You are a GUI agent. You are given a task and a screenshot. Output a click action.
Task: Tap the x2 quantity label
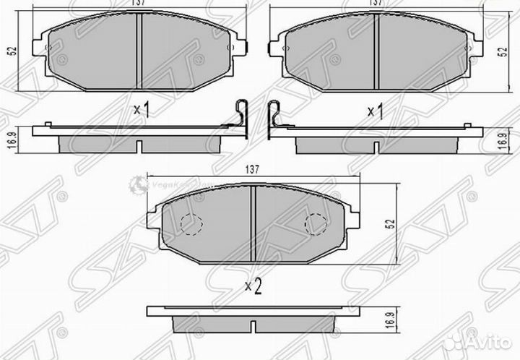point(252,286)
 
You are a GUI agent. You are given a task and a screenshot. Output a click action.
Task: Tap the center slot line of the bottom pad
point(252,224)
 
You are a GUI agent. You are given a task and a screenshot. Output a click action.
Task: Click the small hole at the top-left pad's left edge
point(49,48)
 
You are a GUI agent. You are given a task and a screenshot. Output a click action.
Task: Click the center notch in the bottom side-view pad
point(252,324)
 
